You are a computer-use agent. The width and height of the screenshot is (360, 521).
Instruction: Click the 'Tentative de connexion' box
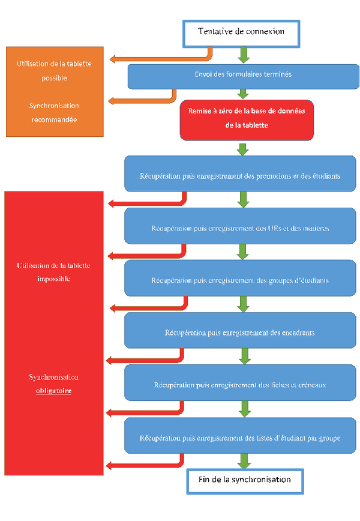point(241,32)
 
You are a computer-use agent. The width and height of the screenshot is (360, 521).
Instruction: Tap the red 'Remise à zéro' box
point(246,119)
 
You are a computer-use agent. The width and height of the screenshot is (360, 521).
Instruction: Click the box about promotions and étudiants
point(240,175)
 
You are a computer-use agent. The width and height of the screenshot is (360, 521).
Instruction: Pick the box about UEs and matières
point(240,227)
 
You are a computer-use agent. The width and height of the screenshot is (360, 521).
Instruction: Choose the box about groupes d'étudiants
point(240,280)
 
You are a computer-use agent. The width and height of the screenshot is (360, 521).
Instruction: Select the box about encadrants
point(240,332)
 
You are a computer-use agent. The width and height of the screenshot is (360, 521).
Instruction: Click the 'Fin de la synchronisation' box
point(245,480)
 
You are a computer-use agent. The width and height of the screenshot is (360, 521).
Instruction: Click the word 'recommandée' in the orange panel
point(54,119)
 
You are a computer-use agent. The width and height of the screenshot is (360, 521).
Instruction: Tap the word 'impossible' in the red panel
point(54,279)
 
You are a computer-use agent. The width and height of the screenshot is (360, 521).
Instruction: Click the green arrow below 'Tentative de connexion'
point(243,56)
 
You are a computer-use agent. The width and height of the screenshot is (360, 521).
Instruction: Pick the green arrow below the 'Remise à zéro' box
point(243,149)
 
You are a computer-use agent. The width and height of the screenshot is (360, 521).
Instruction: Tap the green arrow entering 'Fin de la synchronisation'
point(244,461)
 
